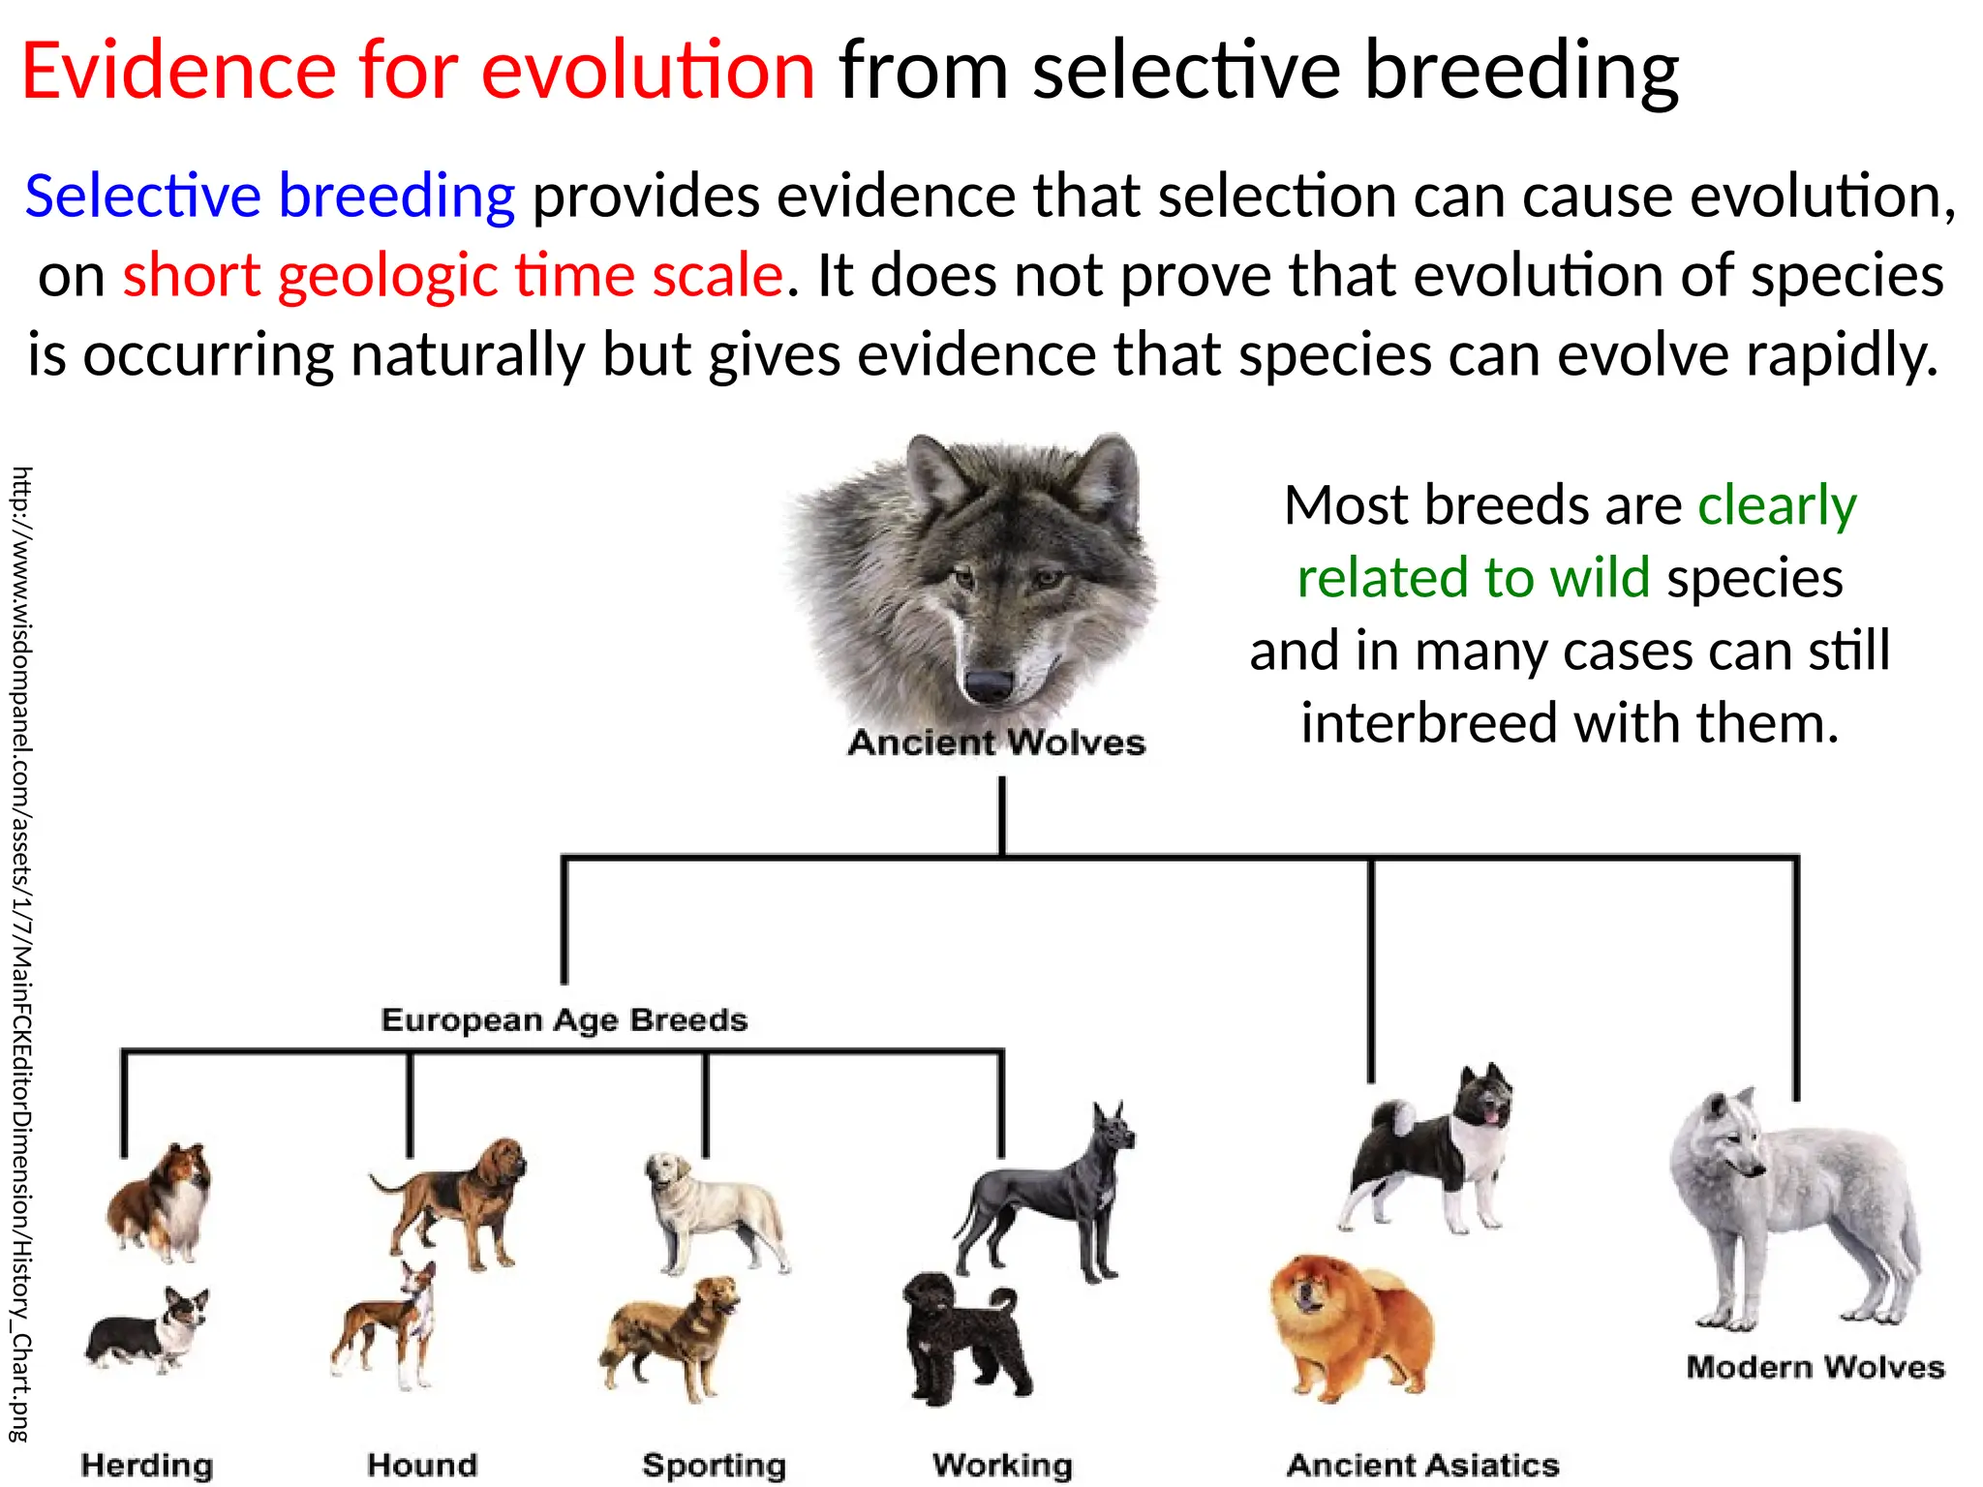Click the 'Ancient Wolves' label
click(996, 743)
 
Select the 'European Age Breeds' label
click(564, 1019)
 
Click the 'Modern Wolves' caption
click(1815, 1367)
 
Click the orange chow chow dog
click(1352, 1326)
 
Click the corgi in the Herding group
click(150, 1331)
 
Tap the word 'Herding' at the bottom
click(147, 1465)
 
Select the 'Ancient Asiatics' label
click(1422, 1465)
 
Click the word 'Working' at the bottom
click(1002, 1465)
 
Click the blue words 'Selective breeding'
click(269, 196)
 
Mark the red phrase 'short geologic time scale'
click(452, 275)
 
